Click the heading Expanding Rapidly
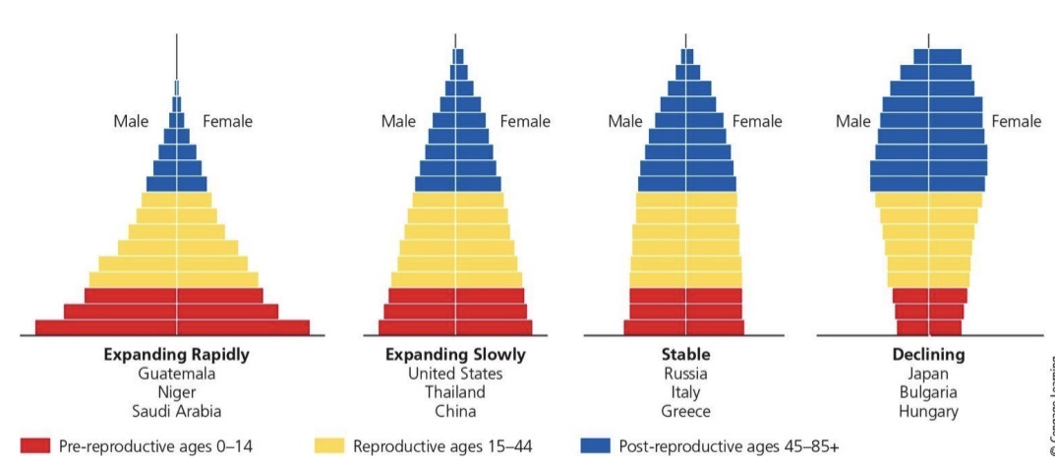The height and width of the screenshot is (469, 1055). click(177, 355)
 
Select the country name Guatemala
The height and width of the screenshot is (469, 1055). click(177, 374)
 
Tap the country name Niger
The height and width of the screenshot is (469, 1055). click(177, 392)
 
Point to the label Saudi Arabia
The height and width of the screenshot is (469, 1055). click(177, 411)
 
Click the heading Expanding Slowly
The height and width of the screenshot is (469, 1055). click(455, 355)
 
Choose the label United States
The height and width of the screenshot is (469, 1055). click(455, 374)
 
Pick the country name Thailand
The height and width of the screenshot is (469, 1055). click(455, 392)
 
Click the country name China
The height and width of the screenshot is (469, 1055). click(455, 411)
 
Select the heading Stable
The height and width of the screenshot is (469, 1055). click(685, 355)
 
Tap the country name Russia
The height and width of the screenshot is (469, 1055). click(685, 374)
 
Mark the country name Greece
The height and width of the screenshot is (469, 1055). click(685, 411)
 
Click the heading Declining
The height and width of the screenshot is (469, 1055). click(928, 355)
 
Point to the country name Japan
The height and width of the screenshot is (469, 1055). click(928, 374)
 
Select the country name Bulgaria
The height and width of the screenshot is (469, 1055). click(928, 392)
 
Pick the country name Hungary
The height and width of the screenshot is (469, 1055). click(928, 411)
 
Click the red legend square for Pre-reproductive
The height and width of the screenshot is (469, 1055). click(34, 446)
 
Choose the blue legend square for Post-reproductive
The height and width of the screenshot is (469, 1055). click(596, 446)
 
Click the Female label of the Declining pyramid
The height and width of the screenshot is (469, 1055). click(1016, 122)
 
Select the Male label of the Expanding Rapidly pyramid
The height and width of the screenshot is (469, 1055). click(131, 122)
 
